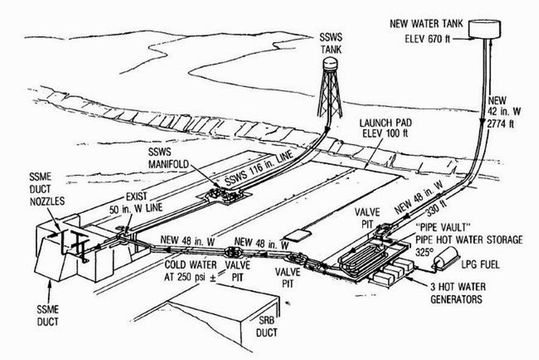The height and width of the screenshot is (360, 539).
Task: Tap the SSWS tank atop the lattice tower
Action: coord(330,65)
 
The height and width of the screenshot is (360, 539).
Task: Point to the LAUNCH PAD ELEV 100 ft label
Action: coord(385,128)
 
